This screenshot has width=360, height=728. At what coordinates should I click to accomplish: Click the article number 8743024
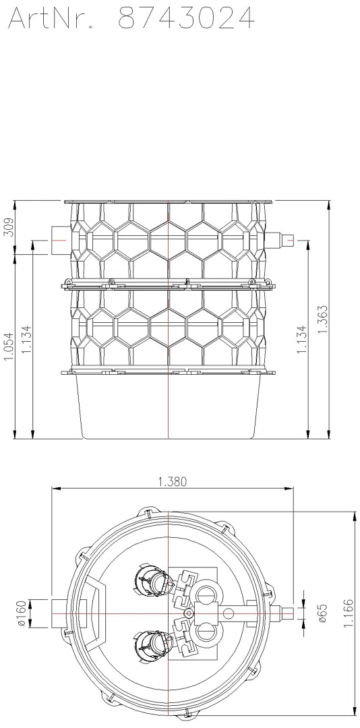[186, 19]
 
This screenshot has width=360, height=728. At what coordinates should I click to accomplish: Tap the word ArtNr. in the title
[50, 19]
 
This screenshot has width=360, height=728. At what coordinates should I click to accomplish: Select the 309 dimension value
[9, 228]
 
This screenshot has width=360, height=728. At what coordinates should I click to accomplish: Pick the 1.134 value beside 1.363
[302, 339]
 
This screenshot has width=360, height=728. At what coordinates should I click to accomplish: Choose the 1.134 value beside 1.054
[26, 339]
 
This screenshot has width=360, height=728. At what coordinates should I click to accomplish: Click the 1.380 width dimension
[173, 481]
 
